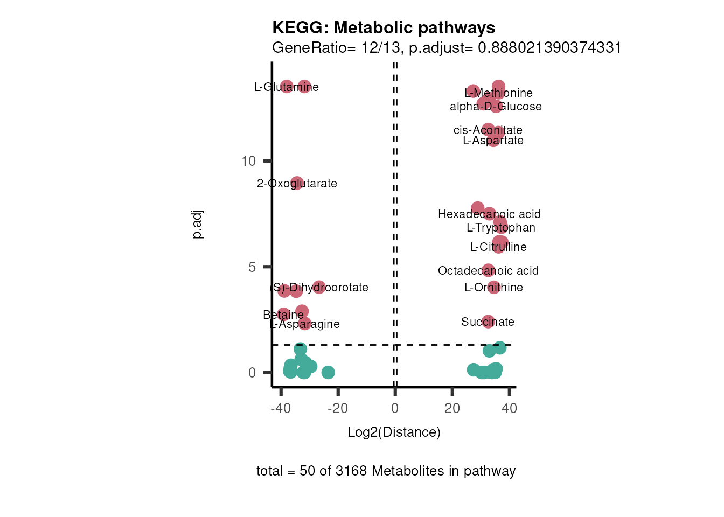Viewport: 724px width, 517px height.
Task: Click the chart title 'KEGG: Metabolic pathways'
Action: [384, 28]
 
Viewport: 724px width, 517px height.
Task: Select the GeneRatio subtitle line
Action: [447, 48]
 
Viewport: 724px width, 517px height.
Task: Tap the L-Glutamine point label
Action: [287, 87]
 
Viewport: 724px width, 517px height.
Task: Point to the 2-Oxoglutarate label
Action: [297, 184]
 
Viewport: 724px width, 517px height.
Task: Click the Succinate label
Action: [488, 322]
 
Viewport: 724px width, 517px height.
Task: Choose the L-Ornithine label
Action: [493, 288]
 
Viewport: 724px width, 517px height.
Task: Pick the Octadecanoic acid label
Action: [488, 271]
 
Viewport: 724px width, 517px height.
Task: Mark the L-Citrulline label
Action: [498, 247]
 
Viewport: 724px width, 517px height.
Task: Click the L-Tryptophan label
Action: [501, 228]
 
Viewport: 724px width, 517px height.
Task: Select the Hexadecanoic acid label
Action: [489, 214]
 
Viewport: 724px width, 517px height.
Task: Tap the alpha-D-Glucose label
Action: [496, 107]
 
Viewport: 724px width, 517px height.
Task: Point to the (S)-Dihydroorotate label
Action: [319, 288]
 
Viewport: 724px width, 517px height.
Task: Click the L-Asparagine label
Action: [305, 324]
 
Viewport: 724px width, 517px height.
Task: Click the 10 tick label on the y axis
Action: [248, 161]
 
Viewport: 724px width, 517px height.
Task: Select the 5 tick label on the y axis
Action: [252, 267]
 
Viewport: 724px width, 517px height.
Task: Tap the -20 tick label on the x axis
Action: [338, 408]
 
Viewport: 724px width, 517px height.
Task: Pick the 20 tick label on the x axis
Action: [452, 408]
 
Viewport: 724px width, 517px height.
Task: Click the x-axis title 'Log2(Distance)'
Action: [394, 432]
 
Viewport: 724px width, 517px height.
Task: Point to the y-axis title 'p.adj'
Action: [198, 225]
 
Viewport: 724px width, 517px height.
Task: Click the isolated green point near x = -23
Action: [328, 372]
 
